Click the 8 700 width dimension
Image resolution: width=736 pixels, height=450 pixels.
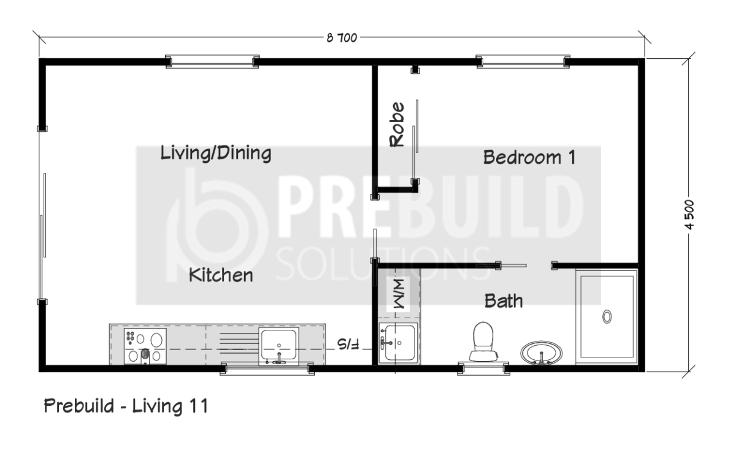tap(342, 38)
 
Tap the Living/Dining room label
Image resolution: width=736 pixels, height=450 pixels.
tap(216, 153)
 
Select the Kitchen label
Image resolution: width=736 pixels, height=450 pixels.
tap(221, 275)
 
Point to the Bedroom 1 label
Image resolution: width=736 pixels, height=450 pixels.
tap(529, 157)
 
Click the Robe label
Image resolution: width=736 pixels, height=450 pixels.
tap(397, 124)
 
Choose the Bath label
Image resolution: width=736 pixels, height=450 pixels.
tap(504, 301)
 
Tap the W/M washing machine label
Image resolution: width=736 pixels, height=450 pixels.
tap(399, 294)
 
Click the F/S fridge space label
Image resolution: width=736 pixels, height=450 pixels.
tap(348, 344)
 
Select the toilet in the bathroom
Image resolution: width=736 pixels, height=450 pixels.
tap(483, 341)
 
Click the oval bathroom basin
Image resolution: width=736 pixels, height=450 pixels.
tap(541, 353)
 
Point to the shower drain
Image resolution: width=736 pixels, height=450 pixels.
tap(607, 316)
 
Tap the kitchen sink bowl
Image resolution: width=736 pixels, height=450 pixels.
tap(278, 345)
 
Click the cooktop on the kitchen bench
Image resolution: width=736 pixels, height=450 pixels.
tap(145, 346)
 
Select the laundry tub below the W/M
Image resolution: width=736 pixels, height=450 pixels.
tap(399, 343)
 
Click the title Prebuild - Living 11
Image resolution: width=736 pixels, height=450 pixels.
tap(126, 406)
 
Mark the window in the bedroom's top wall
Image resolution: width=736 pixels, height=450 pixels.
tap(523, 62)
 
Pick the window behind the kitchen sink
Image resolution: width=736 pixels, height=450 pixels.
tap(267, 368)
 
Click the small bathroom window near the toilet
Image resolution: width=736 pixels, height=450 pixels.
tap(484, 368)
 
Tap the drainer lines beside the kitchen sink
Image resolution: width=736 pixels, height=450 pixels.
tap(239, 343)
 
